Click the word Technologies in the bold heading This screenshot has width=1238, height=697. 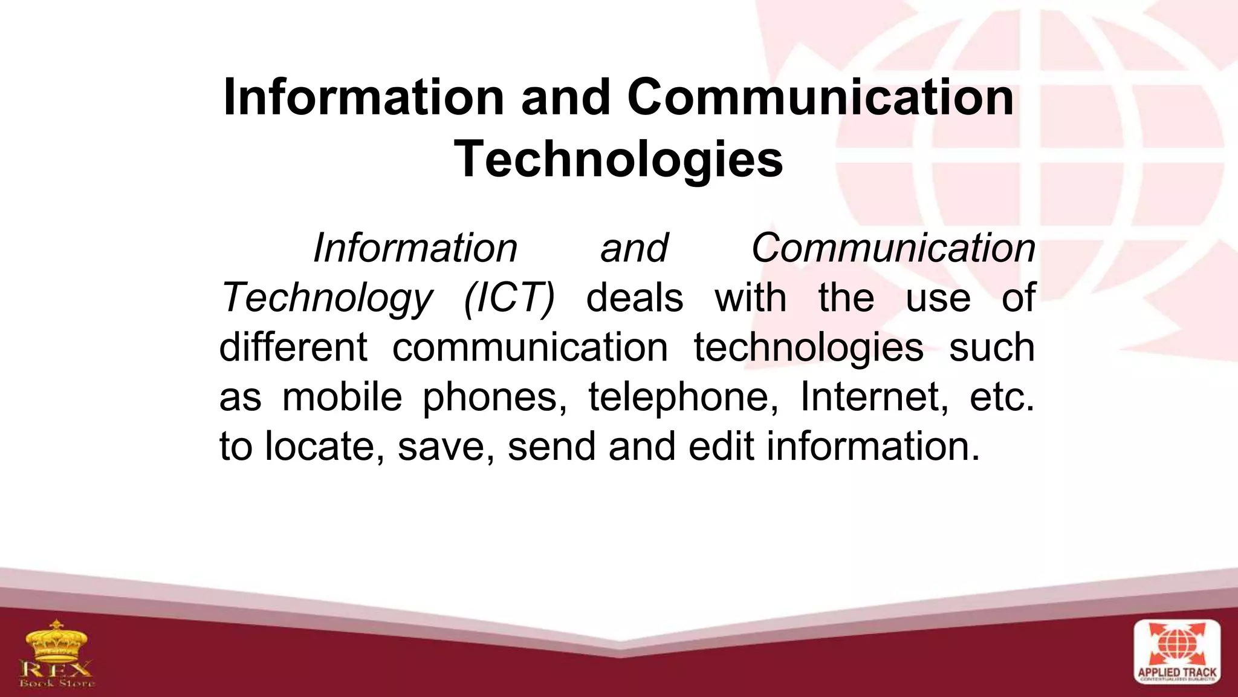[x=618, y=160]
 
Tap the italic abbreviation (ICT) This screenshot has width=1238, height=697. [x=508, y=298]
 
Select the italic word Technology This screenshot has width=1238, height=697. [x=326, y=298]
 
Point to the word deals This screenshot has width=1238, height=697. [x=635, y=298]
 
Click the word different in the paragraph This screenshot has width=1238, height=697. [x=293, y=348]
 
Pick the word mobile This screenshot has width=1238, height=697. [x=342, y=398]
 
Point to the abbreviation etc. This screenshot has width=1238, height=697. [x=1002, y=398]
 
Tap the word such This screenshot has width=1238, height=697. [x=992, y=348]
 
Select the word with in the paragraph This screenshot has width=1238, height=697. [x=751, y=298]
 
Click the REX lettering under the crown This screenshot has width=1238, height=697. [x=56, y=669]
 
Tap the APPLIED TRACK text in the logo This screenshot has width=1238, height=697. [x=1176, y=673]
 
